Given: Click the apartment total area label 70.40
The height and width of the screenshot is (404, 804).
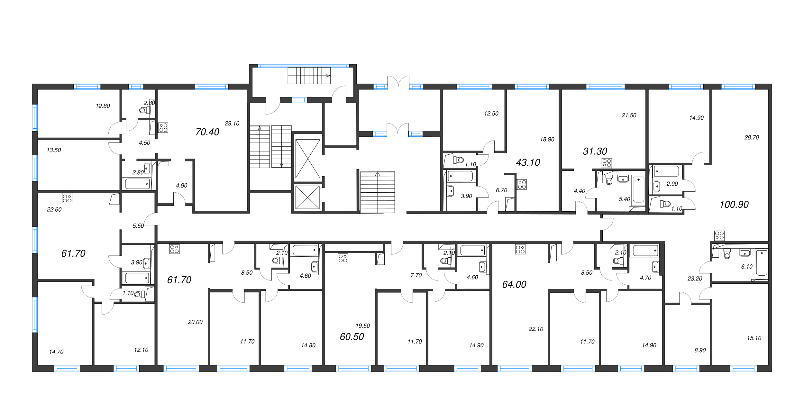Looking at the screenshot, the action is point(207,132).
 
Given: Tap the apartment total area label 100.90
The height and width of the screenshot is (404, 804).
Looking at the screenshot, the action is point(734,205).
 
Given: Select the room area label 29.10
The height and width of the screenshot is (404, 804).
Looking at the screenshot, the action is point(232,124).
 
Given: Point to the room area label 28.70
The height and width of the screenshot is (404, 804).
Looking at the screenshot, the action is point(752,137).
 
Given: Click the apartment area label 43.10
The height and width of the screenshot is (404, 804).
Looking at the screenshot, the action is point(528,162).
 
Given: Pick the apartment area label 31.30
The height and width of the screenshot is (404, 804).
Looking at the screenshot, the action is point(595,151).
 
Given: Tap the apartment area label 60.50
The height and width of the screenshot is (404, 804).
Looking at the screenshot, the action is point(352,337).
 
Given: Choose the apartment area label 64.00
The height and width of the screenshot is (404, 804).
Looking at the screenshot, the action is point(514,284).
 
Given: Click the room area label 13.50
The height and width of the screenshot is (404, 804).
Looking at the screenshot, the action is point(54,150).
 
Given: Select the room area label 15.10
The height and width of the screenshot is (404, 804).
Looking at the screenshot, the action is point(754,338).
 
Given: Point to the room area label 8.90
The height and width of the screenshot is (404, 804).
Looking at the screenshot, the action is point(700,350).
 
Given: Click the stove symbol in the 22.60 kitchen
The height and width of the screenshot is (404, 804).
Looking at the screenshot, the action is point(67,198).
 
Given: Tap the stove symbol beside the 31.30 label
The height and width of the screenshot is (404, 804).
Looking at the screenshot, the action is point(607,163).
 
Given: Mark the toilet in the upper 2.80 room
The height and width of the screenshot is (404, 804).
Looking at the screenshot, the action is point(145,110).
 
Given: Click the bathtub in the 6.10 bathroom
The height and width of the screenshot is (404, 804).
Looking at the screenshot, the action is point(762,263).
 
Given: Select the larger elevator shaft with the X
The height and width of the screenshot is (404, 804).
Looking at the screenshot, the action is point(308,159).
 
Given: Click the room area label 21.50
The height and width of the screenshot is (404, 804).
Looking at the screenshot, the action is point(629,115).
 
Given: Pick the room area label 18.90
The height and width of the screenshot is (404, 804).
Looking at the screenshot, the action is point(547,139).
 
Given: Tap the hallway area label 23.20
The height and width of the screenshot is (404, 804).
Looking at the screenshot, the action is point(695,279).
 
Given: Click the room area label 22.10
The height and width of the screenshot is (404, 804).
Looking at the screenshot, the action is point(536,329).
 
